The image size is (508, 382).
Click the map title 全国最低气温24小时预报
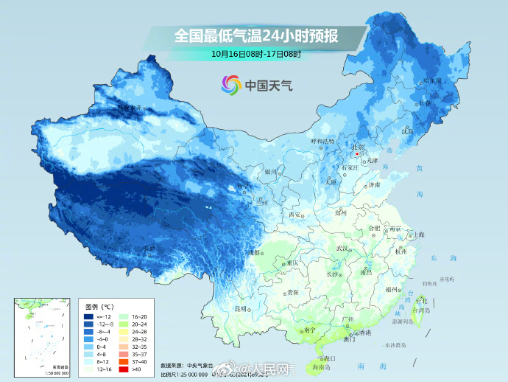(x=255, y=35)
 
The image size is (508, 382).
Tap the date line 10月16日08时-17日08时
(x=255, y=54)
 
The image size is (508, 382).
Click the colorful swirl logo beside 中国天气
(x=230, y=86)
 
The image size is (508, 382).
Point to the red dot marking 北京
(x=357, y=155)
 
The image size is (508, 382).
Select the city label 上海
(x=419, y=235)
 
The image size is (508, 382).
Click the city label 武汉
(x=340, y=249)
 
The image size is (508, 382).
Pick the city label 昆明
(x=240, y=308)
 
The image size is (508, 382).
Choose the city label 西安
(x=296, y=215)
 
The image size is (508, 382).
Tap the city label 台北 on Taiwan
(x=422, y=301)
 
